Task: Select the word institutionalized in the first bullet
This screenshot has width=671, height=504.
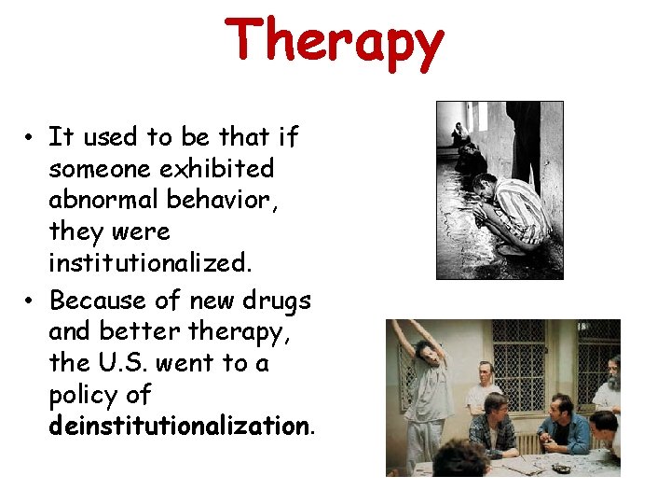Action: pyautogui.click(x=150, y=263)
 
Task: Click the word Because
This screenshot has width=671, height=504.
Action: pyautogui.click(x=98, y=301)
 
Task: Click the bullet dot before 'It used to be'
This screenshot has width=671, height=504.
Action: pyautogui.click(x=31, y=138)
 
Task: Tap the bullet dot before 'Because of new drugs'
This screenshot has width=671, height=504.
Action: pyautogui.click(x=31, y=301)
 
